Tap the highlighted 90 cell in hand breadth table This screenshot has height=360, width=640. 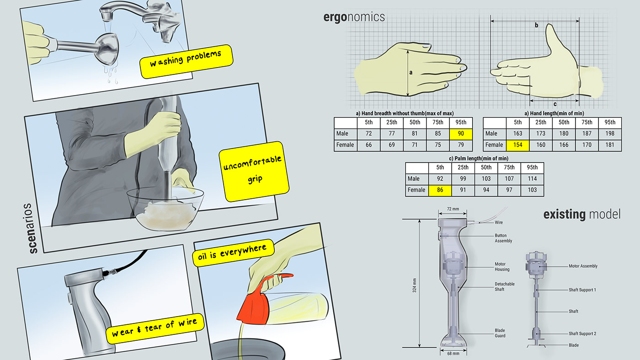[460, 134]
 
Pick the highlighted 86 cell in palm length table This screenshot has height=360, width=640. [440, 190]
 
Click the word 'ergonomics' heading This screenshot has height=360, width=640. [354, 17]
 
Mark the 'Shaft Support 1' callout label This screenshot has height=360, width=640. [582, 290]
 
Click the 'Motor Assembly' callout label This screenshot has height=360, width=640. [583, 266]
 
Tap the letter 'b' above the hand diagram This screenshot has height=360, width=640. [536, 26]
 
